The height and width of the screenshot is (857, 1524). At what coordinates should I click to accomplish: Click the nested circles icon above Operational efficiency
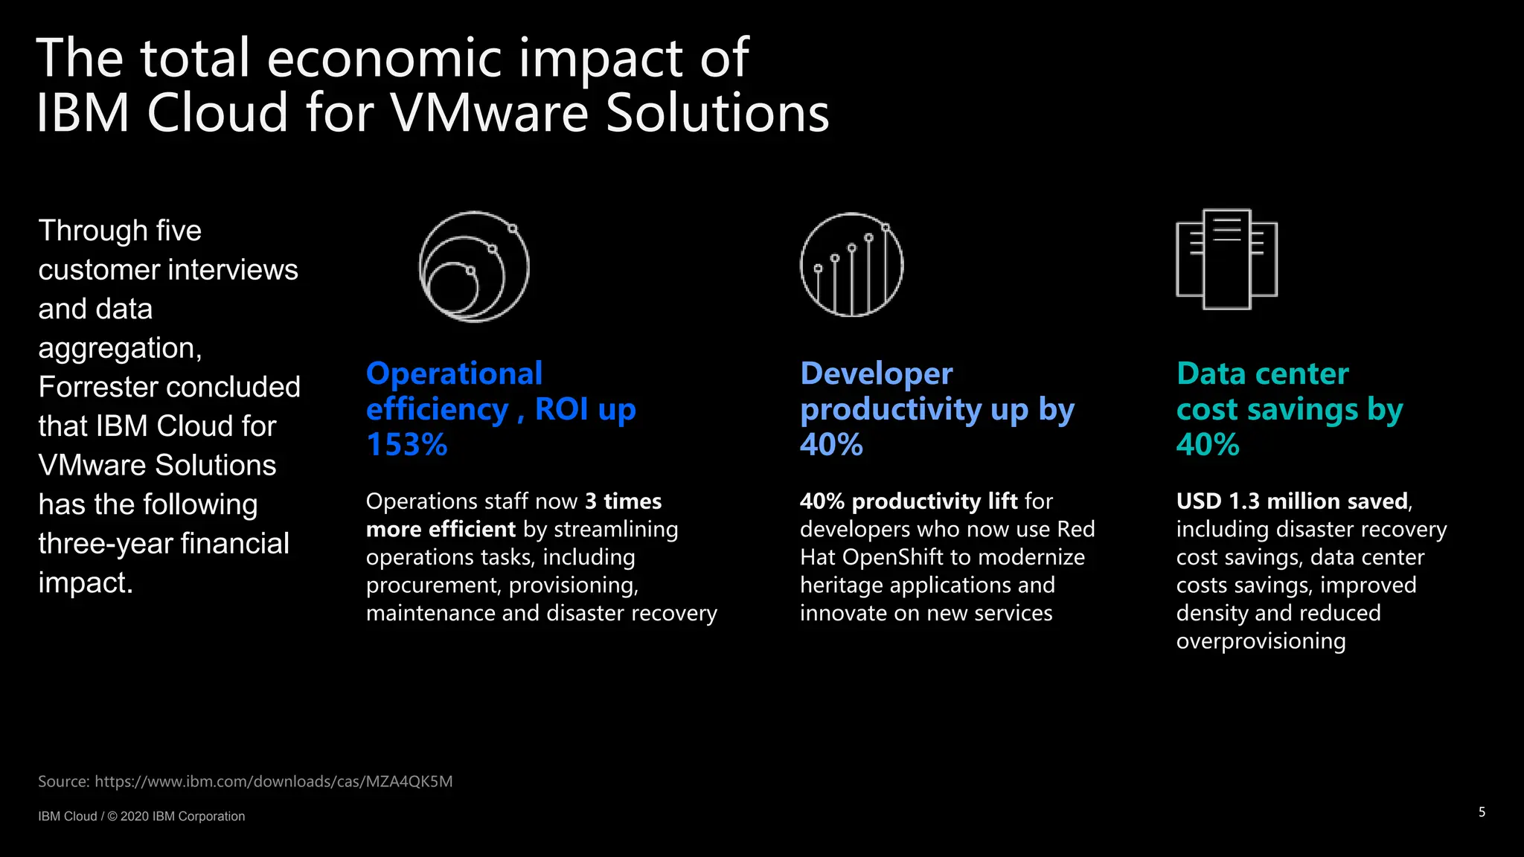(474, 266)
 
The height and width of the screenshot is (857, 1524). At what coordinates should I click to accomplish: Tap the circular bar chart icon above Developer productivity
(851, 265)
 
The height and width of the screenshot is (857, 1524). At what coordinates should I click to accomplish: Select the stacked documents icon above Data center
(1226, 259)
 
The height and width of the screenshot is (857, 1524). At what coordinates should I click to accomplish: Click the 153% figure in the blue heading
(406, 445)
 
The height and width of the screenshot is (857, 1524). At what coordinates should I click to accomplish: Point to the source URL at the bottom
(273, 781)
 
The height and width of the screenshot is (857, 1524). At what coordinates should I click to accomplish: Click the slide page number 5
(1482, 812)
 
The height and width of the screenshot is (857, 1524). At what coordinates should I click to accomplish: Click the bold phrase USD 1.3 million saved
(1292, 501)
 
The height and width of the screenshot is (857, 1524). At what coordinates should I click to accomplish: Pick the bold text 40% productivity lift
(908, 501)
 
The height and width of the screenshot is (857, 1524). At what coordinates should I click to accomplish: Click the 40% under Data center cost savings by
(1207, 445)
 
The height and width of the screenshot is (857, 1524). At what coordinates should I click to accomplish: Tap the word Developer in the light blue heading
(876, 373)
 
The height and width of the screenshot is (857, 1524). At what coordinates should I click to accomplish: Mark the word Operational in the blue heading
(454, 373)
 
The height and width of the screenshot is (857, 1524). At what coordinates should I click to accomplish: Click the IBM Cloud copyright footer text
(141, 816)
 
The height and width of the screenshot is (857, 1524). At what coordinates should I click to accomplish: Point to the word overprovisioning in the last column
(1261, 641)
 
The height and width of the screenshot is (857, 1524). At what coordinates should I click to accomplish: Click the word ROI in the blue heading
(561, 409)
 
